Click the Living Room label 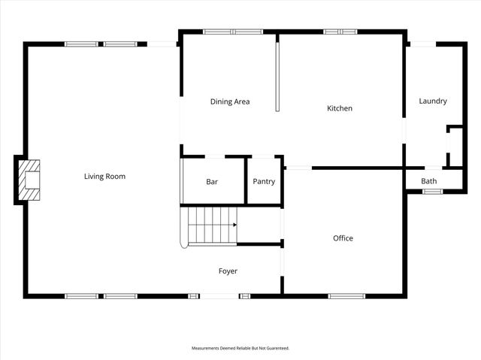pyautogui.click(x=104, y=177)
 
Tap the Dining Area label pyautogui.click(x=230, y=101)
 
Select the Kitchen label pyautogui.click(x=340, y=108)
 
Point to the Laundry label pyautogui.click(x=433, y=101)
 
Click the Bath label pyautogui.click(x=429, y=181)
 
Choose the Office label pyautogui.click(x=343, y=238)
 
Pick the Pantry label pyautogui.click(x=264, y=181)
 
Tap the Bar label pyautogui.click(x=212, y=181)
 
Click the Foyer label pyautogui.click(x=228, y=271)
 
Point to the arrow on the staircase pyautogui.click(x=234, y=225)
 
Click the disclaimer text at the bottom pyautogui.click(x=240, y=348)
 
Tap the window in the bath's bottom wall pyautogui.click(x=432, y=192)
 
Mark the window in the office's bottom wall pyautogui.click(x=346, y=295)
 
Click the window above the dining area pyautogui.click(x=232, y=32)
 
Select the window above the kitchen pyautogui.click(x=340, y=32)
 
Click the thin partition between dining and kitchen pyautogui.click(x=277, y=75)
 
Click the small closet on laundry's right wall pyautogui.click(x=455, y=147)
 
